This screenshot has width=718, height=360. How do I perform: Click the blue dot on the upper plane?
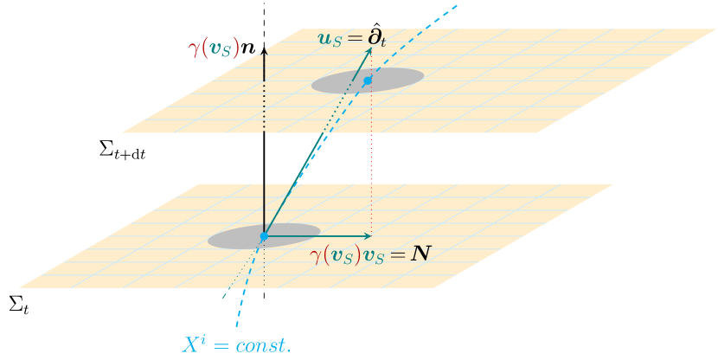(x=368, y=80)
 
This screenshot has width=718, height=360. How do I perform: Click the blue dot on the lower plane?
(x=264, y=236)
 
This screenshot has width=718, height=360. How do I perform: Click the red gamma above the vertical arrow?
(x=193, y=47)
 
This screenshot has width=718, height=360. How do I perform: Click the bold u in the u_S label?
(x=324, y=39)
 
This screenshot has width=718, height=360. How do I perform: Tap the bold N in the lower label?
(x=422, y=254)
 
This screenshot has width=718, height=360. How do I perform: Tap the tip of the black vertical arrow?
(x=264, y=49)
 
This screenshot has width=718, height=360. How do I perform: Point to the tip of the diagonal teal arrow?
(x=370, y=48)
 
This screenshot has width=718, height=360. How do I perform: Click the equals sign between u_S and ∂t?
(x=350, y=39)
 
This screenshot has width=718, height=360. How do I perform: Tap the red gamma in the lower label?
(x=316, y=256)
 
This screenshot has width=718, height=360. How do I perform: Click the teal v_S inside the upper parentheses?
(x=221, y=48)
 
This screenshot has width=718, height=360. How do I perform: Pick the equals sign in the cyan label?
(x=221, y=344)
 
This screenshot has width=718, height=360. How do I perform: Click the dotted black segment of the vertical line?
(x=264, y=108)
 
